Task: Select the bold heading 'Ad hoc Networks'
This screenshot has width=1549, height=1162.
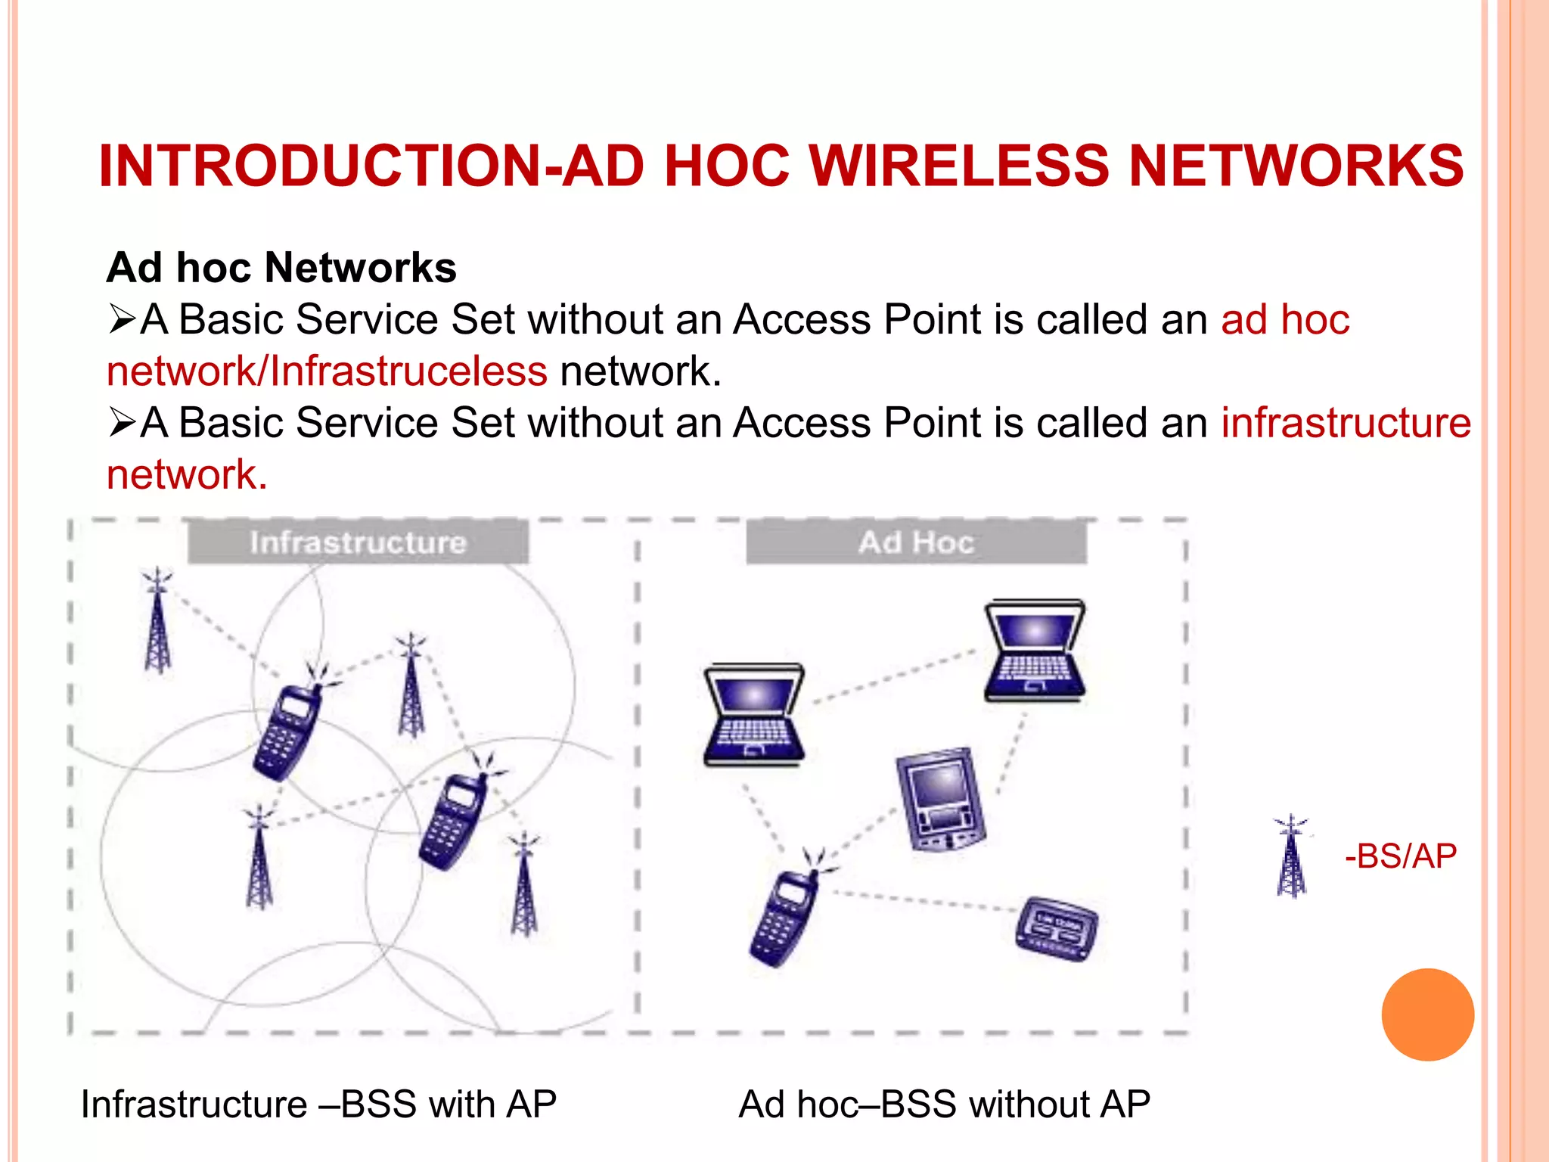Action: click(281, 268)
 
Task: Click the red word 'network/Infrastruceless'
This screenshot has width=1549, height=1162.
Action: click(327, 371)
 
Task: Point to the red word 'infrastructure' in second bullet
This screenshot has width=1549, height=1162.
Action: click(1346, 422)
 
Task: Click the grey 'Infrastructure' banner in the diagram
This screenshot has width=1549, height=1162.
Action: click(358, 542)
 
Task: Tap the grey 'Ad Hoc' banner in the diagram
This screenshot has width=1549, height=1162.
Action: click(916, 542)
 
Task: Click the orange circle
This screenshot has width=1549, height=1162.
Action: click(1427, 1014)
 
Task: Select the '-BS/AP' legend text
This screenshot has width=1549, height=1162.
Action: click(1400, 856)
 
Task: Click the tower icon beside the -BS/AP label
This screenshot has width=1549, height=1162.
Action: click(1291, 857)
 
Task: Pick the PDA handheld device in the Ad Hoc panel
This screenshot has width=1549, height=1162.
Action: click(940, 800)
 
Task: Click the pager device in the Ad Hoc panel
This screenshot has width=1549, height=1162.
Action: click(1056, 929)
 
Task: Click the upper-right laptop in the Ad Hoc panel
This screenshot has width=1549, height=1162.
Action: click(1034, 651)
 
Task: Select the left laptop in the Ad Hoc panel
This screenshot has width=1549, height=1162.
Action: click(753, 715)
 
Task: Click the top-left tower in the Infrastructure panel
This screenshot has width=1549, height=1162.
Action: click(157, 622)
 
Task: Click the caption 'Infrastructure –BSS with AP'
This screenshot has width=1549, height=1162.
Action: click(318, 1104)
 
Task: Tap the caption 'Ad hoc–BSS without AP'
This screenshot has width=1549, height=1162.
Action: click(944, 1104)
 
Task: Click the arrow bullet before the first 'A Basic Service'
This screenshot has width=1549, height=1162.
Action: click(121, 319)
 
